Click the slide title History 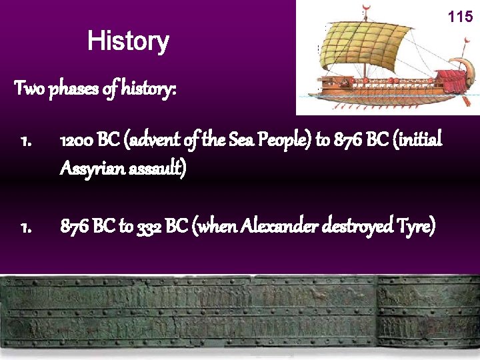[x=128, y=41]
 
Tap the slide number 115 [x=460, y=17]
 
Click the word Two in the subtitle [x=29, y=88]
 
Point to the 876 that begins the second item [x=74, y=227]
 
